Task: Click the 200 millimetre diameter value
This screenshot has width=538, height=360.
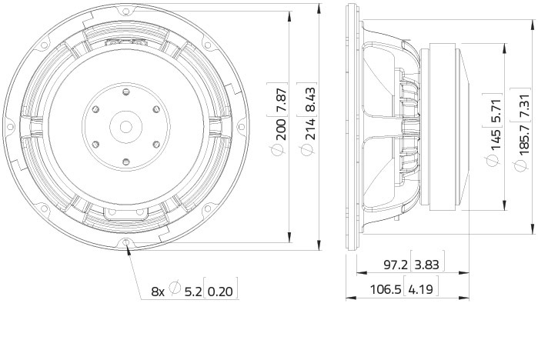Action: (281, 129)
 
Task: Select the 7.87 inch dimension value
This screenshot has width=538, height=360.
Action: (281, 99)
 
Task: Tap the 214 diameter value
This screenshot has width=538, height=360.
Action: (311, 129)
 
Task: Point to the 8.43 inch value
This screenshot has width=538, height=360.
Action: (311, 99)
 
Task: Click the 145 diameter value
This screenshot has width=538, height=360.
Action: (496, 139)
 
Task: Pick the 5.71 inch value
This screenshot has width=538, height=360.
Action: (496, 111)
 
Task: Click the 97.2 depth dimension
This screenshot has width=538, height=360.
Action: (396, 265)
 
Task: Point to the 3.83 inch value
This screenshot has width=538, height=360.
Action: (427, 265)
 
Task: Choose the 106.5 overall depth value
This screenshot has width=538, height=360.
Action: (386, 290)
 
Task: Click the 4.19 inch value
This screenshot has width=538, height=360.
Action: (421, 290)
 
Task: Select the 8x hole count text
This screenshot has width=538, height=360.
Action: (158, 292)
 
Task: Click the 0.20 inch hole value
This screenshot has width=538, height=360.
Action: (220, 292)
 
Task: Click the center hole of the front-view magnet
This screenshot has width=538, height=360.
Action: (125, 126)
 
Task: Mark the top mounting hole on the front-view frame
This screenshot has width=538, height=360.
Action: (126, 11)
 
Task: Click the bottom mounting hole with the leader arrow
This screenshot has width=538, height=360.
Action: (126, 242)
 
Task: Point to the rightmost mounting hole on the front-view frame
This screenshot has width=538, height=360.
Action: (241, 127)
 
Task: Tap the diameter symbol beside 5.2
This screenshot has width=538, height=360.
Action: (175, 288)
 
